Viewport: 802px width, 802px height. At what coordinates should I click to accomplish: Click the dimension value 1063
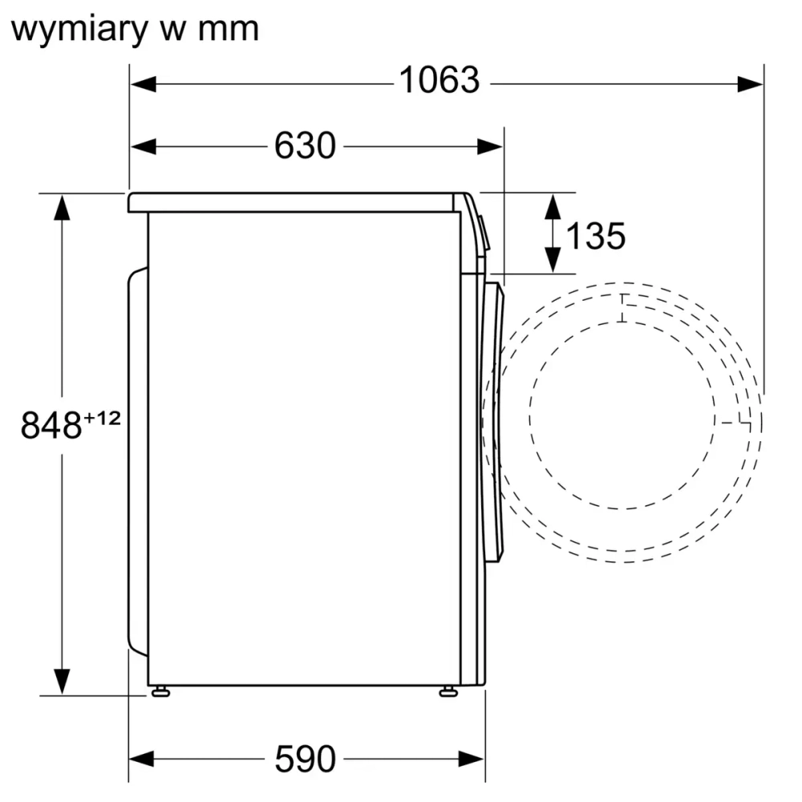point(439,81)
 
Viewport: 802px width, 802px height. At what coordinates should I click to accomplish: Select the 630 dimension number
point(304,146)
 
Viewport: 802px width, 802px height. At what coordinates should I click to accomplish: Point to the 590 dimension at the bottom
point(305,758)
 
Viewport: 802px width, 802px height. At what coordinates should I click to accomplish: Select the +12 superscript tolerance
point(102,417)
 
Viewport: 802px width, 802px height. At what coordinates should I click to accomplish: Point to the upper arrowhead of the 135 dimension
point(553,205)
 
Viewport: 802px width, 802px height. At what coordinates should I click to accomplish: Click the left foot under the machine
point(160,691)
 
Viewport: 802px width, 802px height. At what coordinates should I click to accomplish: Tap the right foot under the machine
point(448,691)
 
